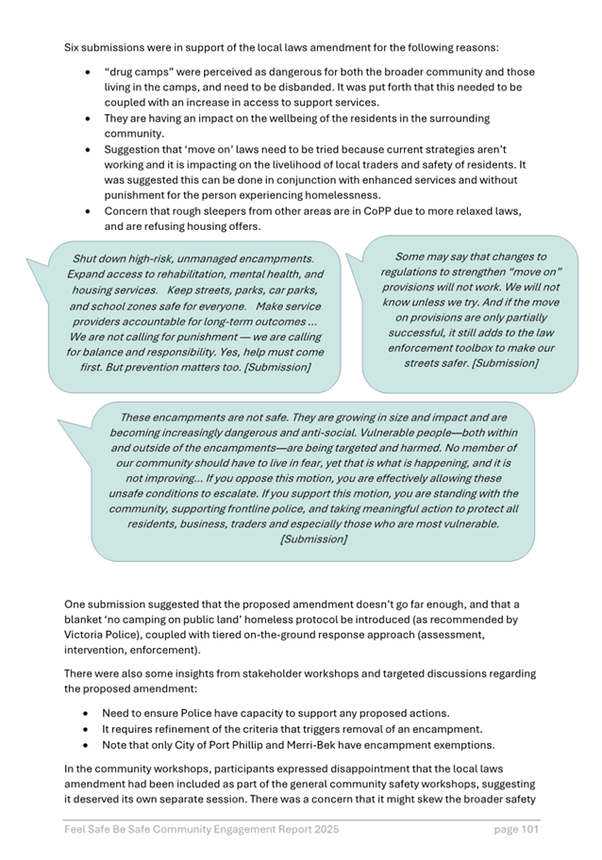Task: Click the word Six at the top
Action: point(74,46)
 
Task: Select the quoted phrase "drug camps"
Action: point(141,72)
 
